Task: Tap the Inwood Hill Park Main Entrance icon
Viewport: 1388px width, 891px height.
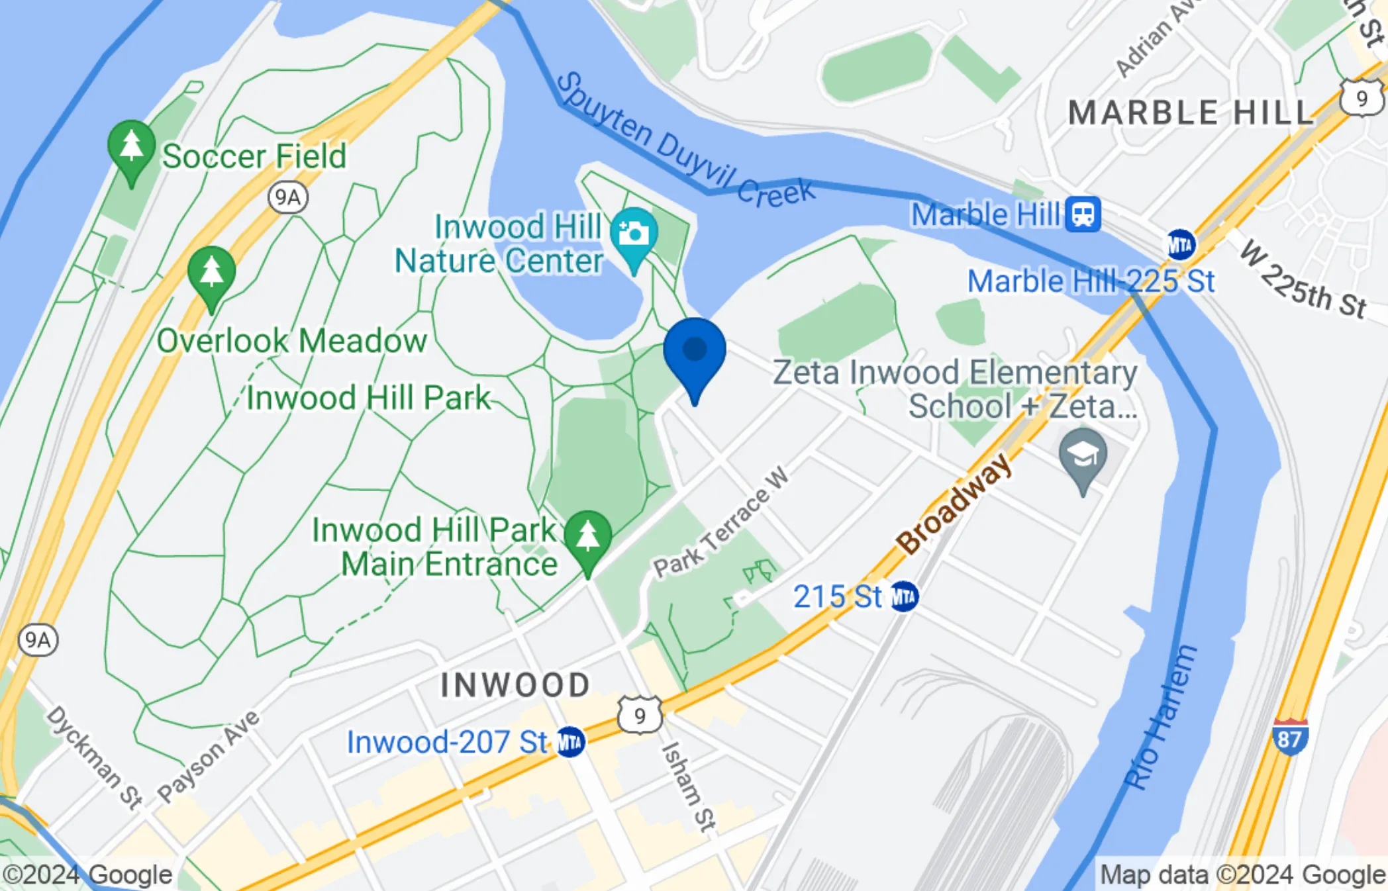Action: pyautogui.click(x=587, y=538)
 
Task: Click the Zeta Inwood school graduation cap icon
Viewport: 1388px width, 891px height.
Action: pyautogui.click(x=1083, y=455)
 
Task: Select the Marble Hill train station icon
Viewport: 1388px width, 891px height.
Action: pyautogui.click(x=1083, y=214)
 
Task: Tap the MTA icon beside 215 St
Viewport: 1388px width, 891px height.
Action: pyautogui.click(x=904, y=597)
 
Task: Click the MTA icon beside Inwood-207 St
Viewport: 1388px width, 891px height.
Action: pyautogui.click(x=570, y=742)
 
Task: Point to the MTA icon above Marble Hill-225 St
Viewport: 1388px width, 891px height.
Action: pyautogui.click(x=1180, y=245)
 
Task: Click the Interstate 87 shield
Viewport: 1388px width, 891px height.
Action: pyautogui.click(x=1289, y=737)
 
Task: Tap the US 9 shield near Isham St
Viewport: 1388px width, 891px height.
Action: pyautogui.click(x=639, y=716)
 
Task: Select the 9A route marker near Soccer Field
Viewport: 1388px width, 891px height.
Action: pyautogui.click(x=287, y=197)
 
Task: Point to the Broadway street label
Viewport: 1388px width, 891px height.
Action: pyautogui.click(x=954, y=504)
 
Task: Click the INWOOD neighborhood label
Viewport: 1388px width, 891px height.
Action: pyautogui.click(x=515, y=685)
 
